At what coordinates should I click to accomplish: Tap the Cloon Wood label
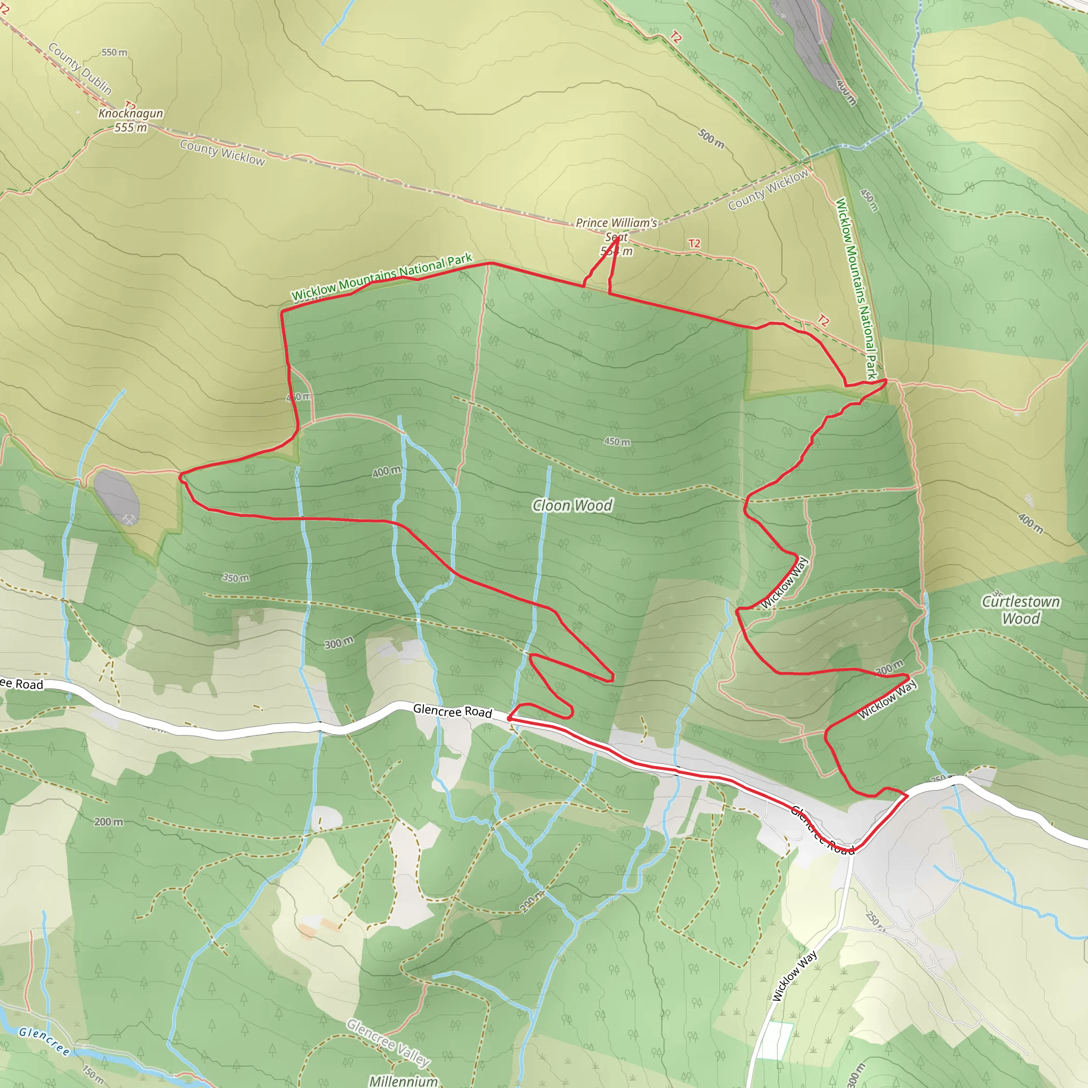click(572, 505)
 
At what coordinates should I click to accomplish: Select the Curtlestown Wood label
click(1021, 610)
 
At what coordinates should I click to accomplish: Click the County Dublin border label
click(80, 69)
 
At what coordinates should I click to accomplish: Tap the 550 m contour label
click(114, 53)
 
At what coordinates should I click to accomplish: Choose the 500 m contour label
click(711, 138)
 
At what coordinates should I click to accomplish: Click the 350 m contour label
click(235, 578)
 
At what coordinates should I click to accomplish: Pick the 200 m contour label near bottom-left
click(108, 822)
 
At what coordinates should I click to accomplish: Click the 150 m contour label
click(93, 1072)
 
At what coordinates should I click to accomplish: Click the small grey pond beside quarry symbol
click(116, 497)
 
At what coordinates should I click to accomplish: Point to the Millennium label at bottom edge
click(403, 1081)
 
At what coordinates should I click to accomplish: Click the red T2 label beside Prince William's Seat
click(694, 243)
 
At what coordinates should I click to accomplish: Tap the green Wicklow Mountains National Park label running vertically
click(856, 287)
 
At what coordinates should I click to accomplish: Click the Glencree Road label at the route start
click(452, 711)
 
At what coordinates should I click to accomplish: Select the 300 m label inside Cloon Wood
click(338, 643)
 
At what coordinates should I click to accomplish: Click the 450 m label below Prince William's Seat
click(617, 441)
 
